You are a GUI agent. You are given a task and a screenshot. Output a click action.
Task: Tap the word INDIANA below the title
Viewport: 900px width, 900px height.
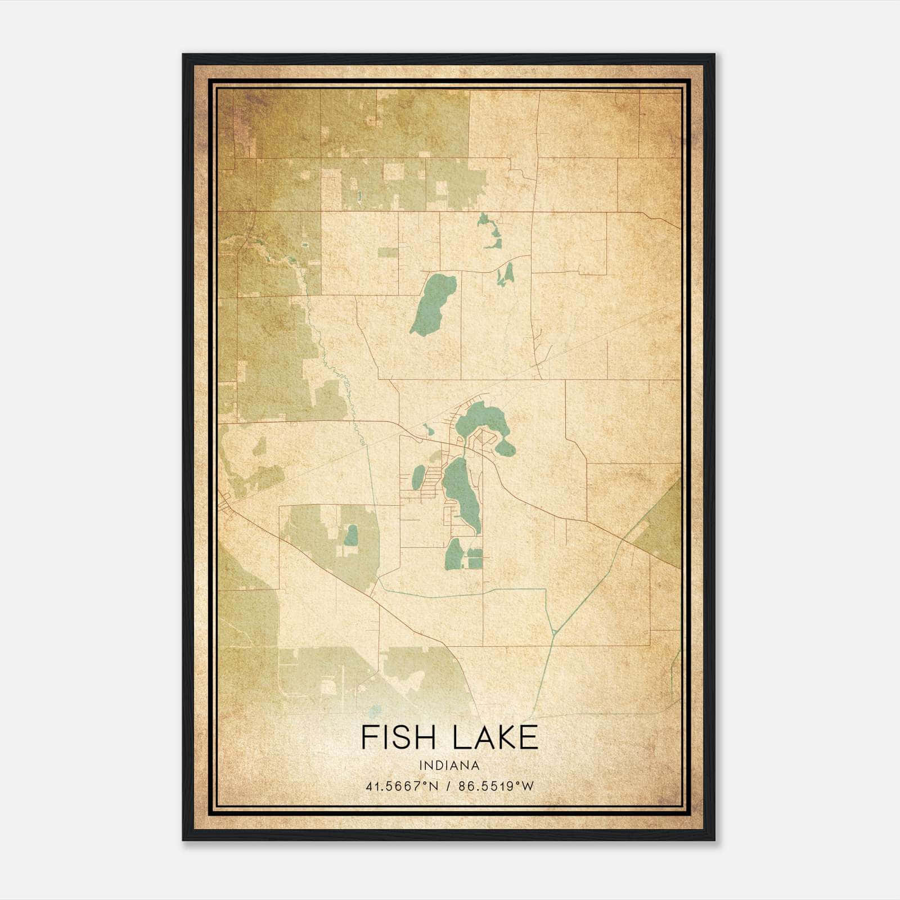point(449,766)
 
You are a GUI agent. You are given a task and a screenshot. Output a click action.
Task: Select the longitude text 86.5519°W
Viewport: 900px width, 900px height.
point(496,786)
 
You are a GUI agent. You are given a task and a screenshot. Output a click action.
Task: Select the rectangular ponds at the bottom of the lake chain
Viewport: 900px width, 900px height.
point(475,558)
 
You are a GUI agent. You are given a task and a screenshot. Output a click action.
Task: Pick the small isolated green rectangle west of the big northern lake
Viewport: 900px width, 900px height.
point(387,253)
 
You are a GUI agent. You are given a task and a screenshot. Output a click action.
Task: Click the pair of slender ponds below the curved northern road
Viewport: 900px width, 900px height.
point(505,274)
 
